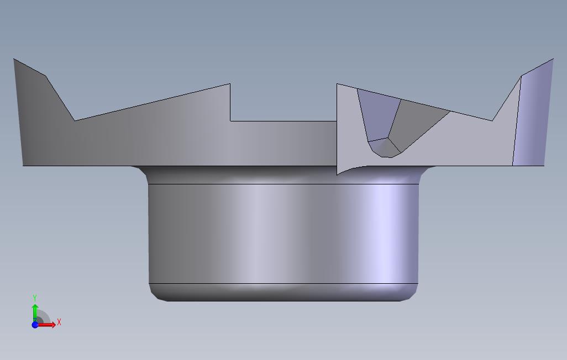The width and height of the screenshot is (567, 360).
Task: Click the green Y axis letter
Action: (35, 298)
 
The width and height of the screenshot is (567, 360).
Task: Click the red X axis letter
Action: (59, 322)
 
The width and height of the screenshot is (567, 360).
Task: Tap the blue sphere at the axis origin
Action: (35, 325)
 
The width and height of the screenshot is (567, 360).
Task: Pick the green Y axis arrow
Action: (35, 313)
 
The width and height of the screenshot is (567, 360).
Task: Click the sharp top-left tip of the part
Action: (14, 59)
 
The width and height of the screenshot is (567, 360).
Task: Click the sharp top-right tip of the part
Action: (553, 59)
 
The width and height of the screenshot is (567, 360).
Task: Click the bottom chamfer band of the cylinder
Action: (283, 292)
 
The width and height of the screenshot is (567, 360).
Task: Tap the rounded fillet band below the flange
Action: (283, 175)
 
